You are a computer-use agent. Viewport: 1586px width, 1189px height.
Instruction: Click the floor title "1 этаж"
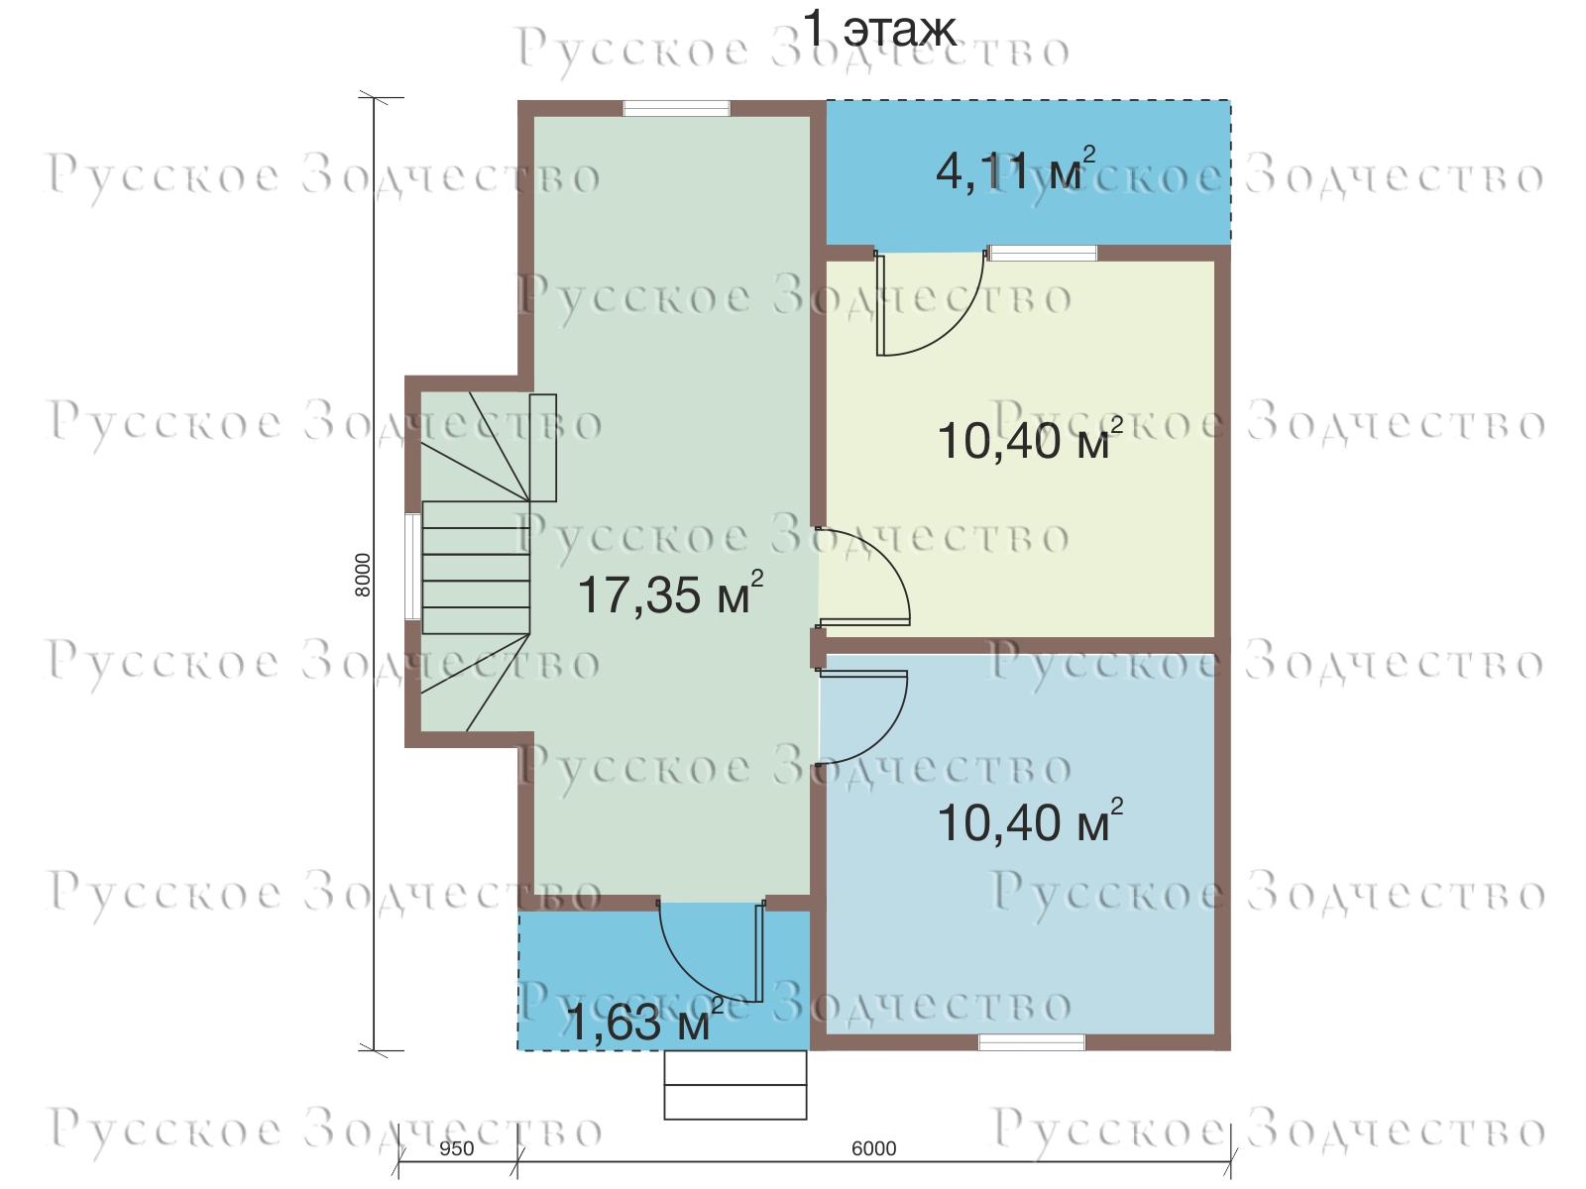[x=879, y=30]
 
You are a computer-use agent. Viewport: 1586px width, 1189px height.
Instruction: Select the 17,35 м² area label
[x=670, y=594]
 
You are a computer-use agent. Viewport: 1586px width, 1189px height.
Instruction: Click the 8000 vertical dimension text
[x=363, y=575]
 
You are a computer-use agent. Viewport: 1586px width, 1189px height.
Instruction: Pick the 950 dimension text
[x=457, y=1148]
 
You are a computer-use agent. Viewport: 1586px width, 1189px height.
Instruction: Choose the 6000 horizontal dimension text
[x=873, y=1148]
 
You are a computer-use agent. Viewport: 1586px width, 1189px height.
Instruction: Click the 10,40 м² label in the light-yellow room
[x=1030, y=439]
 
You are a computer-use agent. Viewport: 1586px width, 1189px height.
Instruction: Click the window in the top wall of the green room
[x=677, y=108]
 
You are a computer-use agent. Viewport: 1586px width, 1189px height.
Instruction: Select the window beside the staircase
[x=412, y=566]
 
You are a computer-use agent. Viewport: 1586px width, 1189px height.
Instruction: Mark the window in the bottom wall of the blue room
[x=1032, y=1041]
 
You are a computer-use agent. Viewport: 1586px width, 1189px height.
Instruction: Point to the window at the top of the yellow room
[x=1043, y=253]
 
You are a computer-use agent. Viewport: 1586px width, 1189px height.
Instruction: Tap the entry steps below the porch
[x=735, y=1084]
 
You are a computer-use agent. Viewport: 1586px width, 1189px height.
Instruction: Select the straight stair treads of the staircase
[x=476, y=568]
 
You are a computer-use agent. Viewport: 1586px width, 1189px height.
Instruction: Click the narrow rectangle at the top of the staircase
[x=542, y=448]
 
